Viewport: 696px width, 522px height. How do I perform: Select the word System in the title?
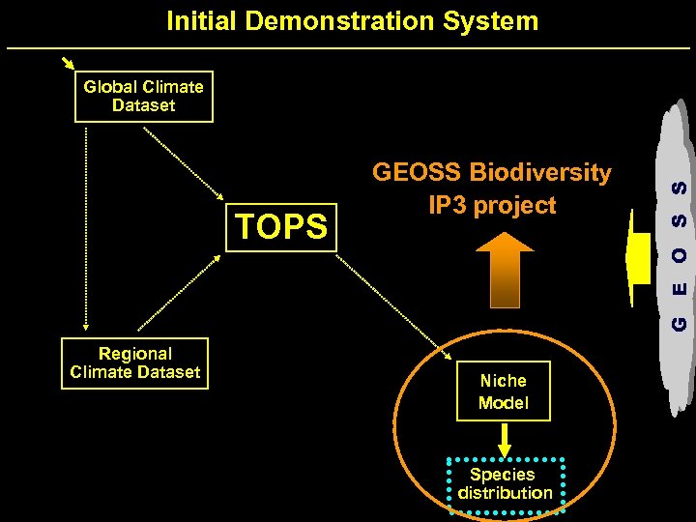click(x=493, y=20)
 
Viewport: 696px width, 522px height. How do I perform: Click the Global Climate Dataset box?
click(x=143, y=97)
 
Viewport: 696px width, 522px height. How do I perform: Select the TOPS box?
click(x=281, y=226)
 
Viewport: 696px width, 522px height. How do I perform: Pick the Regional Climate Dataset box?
click(x=134, y=363)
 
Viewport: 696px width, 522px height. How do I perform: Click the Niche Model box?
click(x=503, y=391)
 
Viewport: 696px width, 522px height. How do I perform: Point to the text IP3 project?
click(x=492, y=205)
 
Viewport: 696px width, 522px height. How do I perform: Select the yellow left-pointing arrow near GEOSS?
click(x=639, y=259)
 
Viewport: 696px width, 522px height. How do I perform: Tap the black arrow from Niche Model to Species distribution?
click(x=504, y=439)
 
